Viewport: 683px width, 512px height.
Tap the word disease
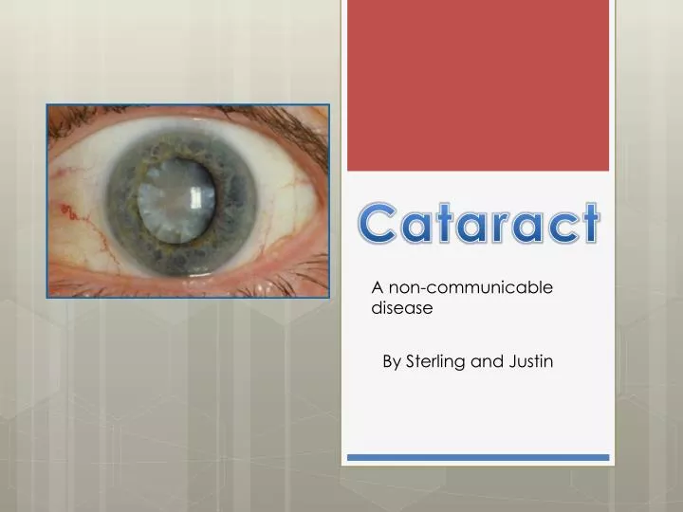401,307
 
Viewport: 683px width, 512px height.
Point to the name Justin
531,361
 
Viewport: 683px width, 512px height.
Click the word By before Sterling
392,361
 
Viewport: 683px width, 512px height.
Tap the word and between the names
486,361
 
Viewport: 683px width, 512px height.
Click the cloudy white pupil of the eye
175,199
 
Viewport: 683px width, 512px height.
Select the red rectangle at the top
477,85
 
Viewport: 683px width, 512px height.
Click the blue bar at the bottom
477,457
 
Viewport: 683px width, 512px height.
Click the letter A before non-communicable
376,287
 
